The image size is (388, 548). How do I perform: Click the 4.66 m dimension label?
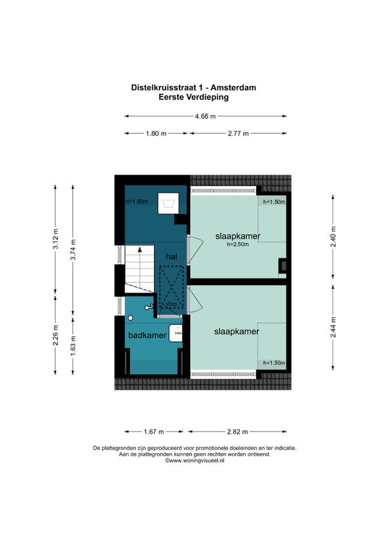point(206,116)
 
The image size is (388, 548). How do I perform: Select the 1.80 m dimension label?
point(156,134)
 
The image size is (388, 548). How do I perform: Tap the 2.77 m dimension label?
point(238,134)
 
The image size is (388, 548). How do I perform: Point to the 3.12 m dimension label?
point(55,239)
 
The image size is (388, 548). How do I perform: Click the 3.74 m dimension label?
point(73,250)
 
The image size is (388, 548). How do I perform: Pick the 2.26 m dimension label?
point(55,335)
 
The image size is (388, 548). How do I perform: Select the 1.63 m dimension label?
point(73,346)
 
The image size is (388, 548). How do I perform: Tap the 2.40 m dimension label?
point(333,237)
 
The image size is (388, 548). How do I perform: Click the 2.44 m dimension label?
point(333,327)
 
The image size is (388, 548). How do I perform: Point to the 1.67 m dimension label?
point(154,432)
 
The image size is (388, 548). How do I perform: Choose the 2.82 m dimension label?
point(237,432)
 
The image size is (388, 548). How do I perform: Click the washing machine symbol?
point(168,203)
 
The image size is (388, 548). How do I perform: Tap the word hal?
point(171,257)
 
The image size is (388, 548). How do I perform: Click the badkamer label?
point(147,335)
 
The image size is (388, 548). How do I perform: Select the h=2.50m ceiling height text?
point(237,245)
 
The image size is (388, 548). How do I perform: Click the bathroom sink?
point(176,333)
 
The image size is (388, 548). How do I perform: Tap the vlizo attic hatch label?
point(172,304)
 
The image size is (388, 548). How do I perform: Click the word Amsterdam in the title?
point(233,88)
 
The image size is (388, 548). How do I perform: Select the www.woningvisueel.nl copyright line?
point(195,461)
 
